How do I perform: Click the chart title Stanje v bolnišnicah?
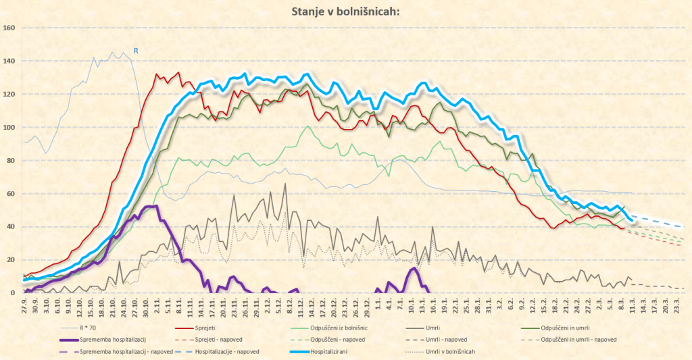345,11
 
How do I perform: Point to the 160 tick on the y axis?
9,28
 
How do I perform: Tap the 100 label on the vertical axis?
9,127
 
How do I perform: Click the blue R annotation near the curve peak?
135,51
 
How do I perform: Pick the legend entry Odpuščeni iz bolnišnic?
339,328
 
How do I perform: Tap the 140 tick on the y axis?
9,61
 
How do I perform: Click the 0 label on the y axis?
13,292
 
